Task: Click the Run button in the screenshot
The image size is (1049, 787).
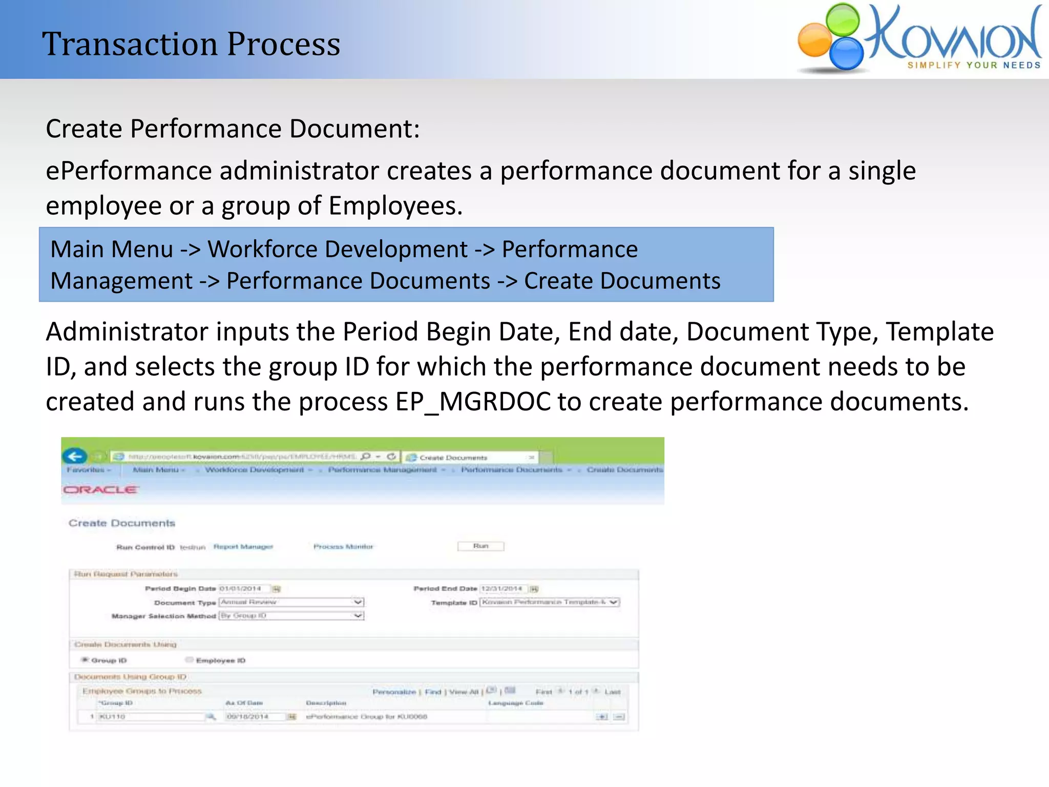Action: pos(480,546)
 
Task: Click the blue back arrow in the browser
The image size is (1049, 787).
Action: pos(75,456)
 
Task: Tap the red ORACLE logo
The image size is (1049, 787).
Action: pos(100,490)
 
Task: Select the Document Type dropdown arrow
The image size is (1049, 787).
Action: pos(358,602)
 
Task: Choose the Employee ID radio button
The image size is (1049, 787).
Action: pos(190,660)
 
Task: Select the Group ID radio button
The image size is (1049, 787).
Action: pos(85,660)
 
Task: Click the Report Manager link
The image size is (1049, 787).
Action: pos(243,547)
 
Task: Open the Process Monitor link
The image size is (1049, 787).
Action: pos(343,547)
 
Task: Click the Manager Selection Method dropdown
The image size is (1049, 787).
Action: pos(291,615)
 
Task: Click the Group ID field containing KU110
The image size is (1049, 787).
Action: pos(151,716)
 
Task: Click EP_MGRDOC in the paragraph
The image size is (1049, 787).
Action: pos(473,402)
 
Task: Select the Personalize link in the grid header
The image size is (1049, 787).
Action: pos(394,692)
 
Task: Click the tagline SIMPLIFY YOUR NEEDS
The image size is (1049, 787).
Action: pos(974,65)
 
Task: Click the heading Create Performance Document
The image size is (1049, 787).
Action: pos(233,129)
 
